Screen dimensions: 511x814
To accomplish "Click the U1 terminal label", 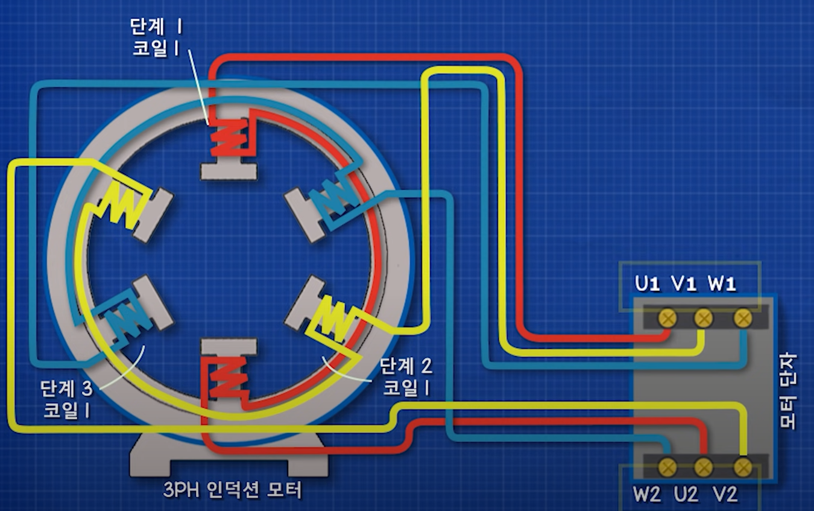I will (x=646, y=284).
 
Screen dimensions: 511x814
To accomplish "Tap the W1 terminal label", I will (x=722, y=284).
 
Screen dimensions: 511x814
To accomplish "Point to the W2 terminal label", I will (x=646, y=495).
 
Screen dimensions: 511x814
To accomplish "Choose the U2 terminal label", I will (x=686, y=495).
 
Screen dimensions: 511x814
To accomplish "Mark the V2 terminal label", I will (x=725, y=495).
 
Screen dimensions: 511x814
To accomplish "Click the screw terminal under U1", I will (x=666, y=318).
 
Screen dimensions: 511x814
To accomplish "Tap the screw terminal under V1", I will (x=704, y=318).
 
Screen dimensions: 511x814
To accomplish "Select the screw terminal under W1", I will (x=742, y=318).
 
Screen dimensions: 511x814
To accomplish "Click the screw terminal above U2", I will (x=704, y=466).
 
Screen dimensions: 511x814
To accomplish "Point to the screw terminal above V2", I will (x=742, y=466).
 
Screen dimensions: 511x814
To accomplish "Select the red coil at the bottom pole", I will (x=227, y=377).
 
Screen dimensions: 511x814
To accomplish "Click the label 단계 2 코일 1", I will (x=405, y=376).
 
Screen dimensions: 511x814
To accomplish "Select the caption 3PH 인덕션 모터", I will (x=232, y=490).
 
